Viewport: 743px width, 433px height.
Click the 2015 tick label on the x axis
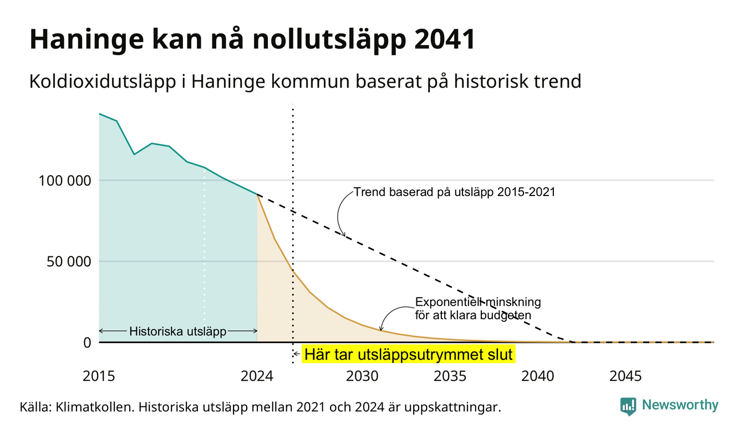99,376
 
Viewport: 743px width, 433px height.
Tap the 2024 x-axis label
257,376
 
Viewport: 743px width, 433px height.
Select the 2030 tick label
362,376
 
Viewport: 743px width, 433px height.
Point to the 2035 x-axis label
450,376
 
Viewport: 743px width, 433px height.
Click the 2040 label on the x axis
538,376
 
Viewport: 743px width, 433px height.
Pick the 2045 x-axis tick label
625,376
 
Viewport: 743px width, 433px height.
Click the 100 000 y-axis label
65,181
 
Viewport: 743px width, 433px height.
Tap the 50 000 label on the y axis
69,261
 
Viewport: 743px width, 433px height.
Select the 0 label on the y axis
87,343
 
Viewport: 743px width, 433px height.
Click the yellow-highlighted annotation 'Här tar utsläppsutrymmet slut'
408,354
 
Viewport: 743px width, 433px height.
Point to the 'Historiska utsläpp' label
178,331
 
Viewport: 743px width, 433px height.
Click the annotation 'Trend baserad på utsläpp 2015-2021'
455,192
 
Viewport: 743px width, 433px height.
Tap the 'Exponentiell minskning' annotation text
478,302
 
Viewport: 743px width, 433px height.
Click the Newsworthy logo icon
628,406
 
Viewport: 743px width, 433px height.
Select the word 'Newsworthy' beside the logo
680,405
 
